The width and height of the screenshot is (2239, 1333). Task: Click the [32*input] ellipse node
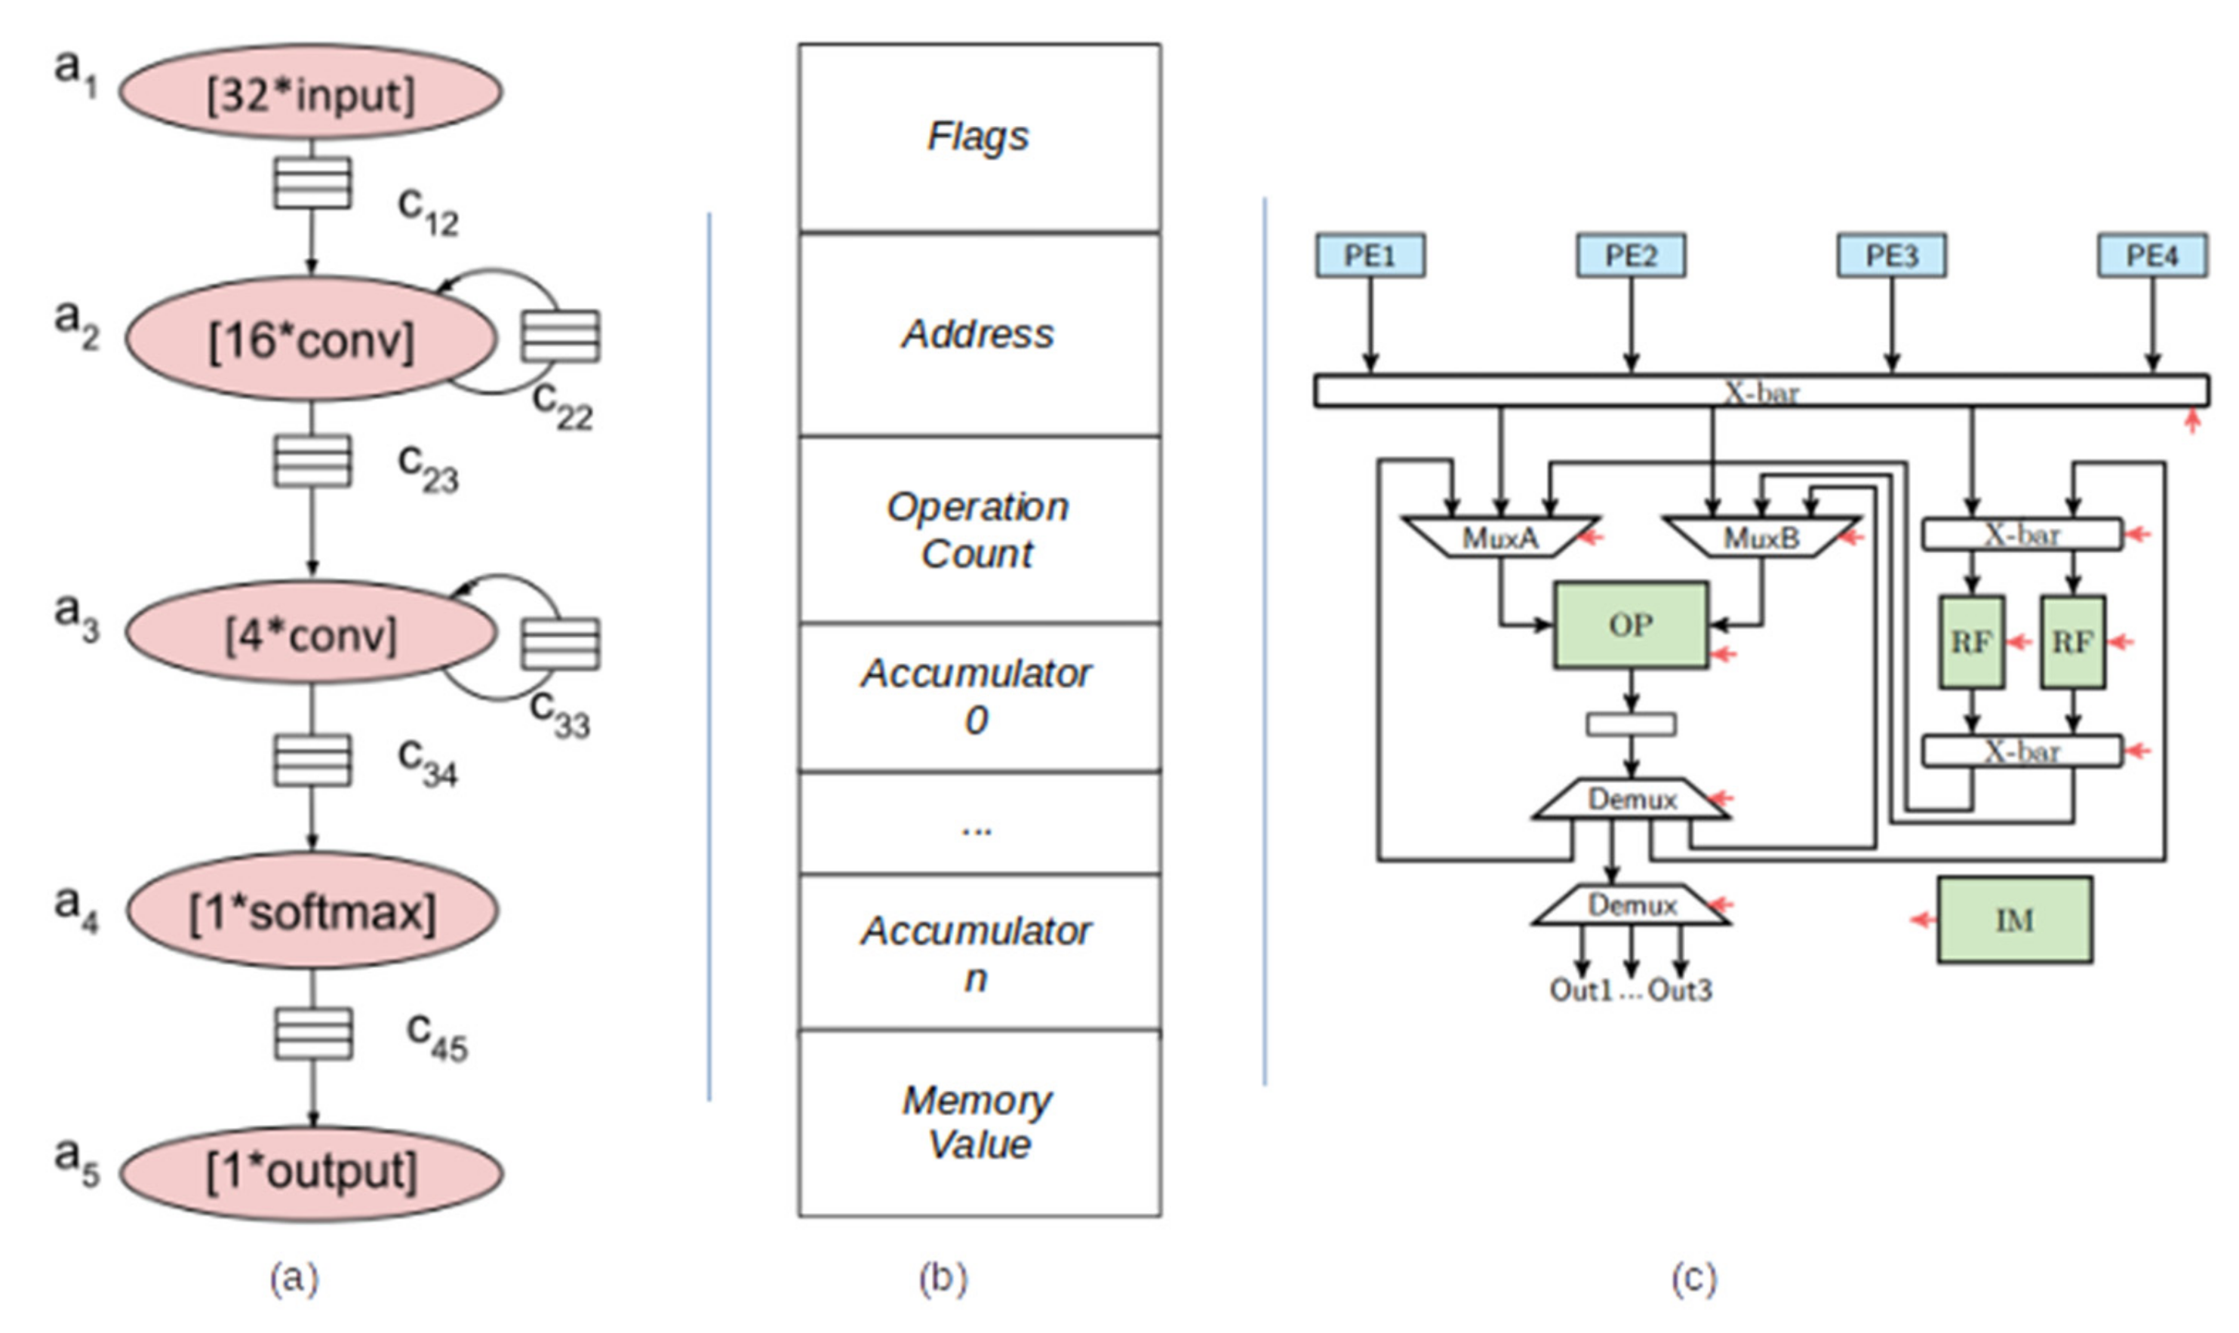coord(311,94)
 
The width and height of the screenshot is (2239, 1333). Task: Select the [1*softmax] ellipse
coord(312,912)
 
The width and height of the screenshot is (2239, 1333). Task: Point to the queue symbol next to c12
coord(312,183)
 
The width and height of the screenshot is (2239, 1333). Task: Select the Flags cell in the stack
coord(979,137)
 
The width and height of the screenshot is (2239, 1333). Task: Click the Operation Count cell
coord(979,530)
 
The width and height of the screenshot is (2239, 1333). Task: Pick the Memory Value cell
coord(979,1123)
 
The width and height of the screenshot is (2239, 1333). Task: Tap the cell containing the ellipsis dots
coord(979,823)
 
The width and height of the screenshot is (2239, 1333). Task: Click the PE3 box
coord(1891,256)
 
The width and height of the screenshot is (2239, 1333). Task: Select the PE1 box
coord(1370,256)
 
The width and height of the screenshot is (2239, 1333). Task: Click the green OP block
coord(1631,625)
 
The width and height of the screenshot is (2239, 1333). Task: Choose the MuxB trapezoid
coord(1761,537)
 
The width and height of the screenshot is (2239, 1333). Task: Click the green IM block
coord(2014,920)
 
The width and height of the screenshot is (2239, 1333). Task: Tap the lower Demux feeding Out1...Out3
coord(1631,905)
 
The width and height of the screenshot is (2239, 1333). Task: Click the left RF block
coord(1971,642)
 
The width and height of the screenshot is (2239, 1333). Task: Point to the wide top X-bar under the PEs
coord(1761,392)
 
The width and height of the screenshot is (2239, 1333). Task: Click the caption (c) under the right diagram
coord(1693,1277)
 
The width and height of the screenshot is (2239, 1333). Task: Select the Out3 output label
coord(1679,991)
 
